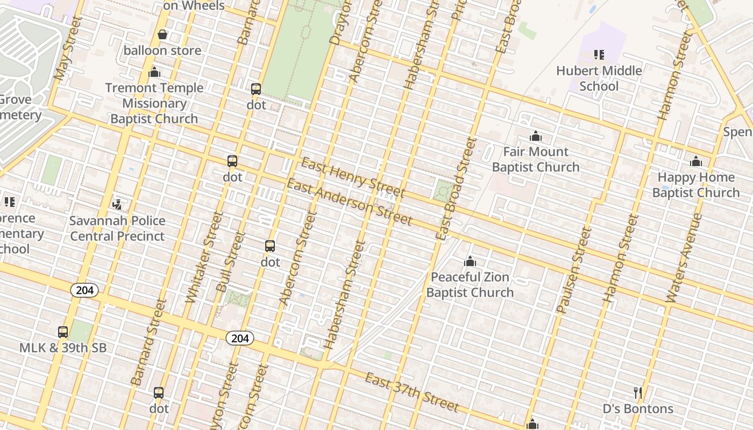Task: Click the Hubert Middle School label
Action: pyautogui.click(x=599, y=78)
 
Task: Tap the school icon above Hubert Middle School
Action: pyautogui.click(x=599, y=54)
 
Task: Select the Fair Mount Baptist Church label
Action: pyautogui.click(x=536, y=159)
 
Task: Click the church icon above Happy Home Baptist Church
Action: pyautogui.click(x=696, y=161)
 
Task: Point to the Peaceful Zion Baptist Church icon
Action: pyautogui.click(x=470, y=262)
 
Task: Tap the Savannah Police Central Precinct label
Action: pyautogui.click(x=117, y=228)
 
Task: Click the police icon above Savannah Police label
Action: pyautogui.click(x=117, y=204)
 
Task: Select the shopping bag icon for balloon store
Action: pyautogui.click(x=162, y=35)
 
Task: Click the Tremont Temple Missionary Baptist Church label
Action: pyautogui.click(x=154, y=103)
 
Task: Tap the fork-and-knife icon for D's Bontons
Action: pyautogui.click(x=638, y=393)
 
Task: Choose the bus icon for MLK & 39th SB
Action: pyautogui.click(x=63, y=332)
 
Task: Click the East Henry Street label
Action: pyautogui.click(x=352, y=177)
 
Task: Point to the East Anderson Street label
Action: pyautogui.click(x=349, y=202)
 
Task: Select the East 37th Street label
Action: pyautogui.click(x=411, y=392)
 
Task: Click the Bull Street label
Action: pyautogui.click(x=230, y=262)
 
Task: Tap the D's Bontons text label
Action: pyautogui.click(x=638, y=409)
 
